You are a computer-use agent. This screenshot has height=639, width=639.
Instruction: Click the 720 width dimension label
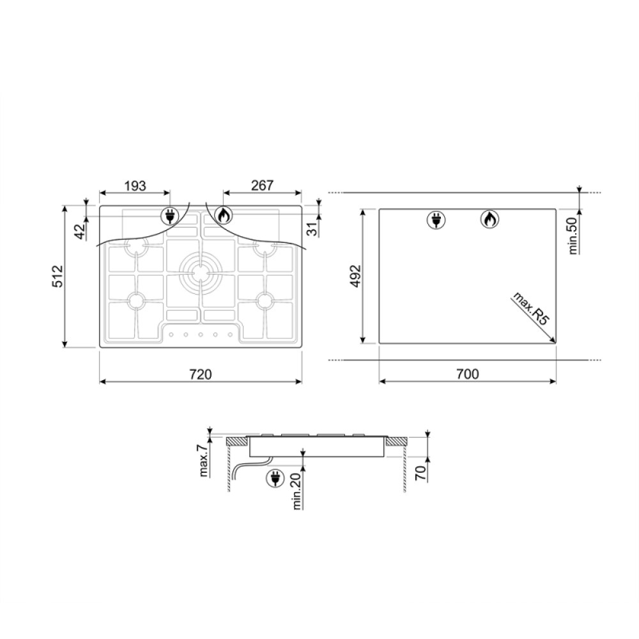201,374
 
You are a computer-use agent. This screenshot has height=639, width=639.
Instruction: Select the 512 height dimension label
58,276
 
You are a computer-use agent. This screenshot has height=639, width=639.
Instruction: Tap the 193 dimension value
135,186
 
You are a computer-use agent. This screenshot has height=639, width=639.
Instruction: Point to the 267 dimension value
262,185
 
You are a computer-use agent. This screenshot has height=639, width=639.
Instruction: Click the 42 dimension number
81,231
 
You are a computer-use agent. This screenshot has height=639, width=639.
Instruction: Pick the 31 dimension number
312,229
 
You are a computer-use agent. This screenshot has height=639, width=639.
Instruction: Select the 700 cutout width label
468,374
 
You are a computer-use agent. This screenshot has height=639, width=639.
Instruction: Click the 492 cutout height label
356,276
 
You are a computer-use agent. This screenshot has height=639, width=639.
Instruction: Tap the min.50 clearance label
573,236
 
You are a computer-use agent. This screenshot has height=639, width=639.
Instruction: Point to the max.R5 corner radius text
529,308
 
